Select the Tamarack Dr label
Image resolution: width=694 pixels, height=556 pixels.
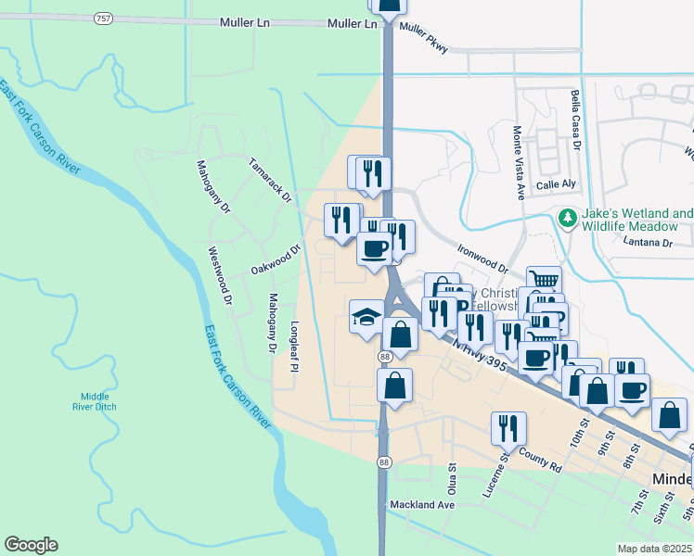coord(270,181)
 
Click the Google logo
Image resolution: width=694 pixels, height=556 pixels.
coord(31,545)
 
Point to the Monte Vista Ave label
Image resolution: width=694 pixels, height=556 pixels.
coord(520,163)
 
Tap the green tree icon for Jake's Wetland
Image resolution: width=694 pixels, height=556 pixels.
coord(566,219)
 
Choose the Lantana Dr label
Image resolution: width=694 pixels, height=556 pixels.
coord(649,243)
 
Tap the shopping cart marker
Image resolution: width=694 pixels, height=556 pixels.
coord(544,281)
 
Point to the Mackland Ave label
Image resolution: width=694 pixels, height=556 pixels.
coord(422,505)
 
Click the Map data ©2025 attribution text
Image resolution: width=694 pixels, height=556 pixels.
coord(655,548)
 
